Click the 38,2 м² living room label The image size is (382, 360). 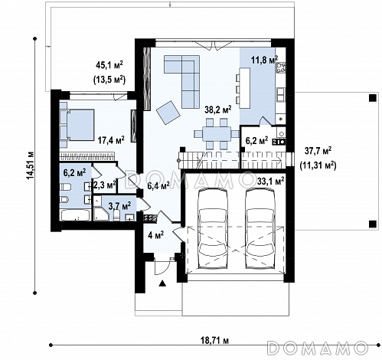point(218,110)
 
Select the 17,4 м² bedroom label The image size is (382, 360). point(111,140)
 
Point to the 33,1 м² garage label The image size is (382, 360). point(271,182)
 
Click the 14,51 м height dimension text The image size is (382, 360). point(31,165)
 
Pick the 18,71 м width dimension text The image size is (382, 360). point(214,340)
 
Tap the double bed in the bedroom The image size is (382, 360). point(77,125)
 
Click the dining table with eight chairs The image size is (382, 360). point(217,134)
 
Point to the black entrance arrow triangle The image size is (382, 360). point(162,283)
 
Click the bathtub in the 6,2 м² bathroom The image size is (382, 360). point(75,215)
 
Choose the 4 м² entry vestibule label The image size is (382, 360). point(155,235)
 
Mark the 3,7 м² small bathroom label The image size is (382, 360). point(119,205)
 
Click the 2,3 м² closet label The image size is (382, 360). point(105,185)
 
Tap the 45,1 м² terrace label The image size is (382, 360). point(109,65)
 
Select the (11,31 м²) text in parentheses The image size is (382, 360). point(318,165)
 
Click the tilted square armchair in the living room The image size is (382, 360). point(168,113)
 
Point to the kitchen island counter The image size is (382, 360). point(245,88)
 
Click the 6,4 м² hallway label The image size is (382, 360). point(158,185)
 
